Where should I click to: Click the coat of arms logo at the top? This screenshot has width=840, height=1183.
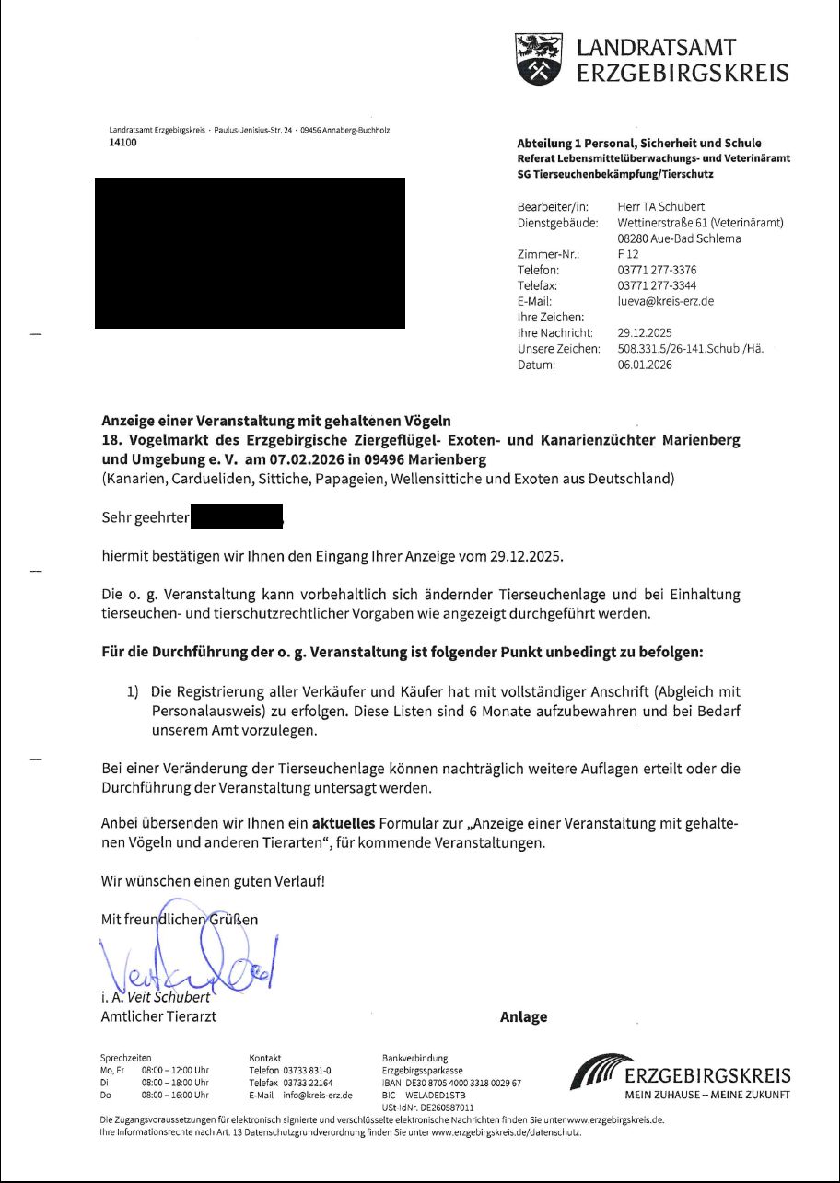point(538,60)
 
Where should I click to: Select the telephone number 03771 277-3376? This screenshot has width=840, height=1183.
point(657,270)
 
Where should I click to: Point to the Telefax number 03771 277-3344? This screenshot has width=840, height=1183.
point(657,285)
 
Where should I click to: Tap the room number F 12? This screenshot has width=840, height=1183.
point(628,254)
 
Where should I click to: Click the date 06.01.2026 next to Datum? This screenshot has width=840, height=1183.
point(645,365)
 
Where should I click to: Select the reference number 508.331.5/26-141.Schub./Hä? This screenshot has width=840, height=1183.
point(691,349)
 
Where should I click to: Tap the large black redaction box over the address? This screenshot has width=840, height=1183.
point(250,253)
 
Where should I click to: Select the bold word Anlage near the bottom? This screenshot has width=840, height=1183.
point(523,1017)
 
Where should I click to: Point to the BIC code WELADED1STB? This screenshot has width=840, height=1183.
point(436,1096)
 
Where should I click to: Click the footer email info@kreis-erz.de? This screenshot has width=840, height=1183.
point(319,1096)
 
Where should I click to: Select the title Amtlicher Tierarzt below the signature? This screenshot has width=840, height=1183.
point(158,1017)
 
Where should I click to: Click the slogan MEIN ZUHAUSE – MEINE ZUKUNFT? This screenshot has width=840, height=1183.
point(707,1096)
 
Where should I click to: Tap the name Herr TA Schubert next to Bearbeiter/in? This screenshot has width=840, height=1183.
point(660,207)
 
